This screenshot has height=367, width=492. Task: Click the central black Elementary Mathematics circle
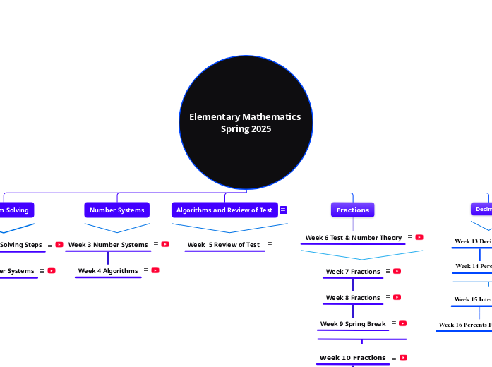coord(246,122)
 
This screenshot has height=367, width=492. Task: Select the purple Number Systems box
coord(116,210)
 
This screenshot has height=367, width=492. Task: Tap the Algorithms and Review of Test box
coord(224,210)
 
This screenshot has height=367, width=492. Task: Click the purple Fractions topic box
coord(352,210)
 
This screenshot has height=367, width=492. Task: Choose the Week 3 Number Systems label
coord(108,245)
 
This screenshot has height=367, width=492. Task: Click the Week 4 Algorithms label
coord(108,271)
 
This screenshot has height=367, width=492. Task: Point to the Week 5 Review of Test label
coord(223,245)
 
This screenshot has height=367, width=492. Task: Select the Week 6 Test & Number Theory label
coord(353,238)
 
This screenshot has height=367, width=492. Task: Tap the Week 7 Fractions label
coord(353,272)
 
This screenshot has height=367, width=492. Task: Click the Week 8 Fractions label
coord(353,298)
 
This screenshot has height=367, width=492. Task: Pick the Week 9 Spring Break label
coord(353,324)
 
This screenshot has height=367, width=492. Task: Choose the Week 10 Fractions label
coord(352,358)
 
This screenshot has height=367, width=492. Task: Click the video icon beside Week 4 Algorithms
coord(155,270)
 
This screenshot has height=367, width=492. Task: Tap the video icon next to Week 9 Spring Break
coord(402,323)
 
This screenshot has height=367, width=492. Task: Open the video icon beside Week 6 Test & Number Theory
coord(419,237)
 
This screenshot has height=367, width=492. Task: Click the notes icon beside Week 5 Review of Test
coord(270,244)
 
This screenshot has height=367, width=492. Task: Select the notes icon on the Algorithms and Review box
coord(283,210)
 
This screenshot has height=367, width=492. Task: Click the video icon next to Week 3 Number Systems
coord(165,244)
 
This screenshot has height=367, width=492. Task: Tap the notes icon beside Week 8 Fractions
coord(388,297)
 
